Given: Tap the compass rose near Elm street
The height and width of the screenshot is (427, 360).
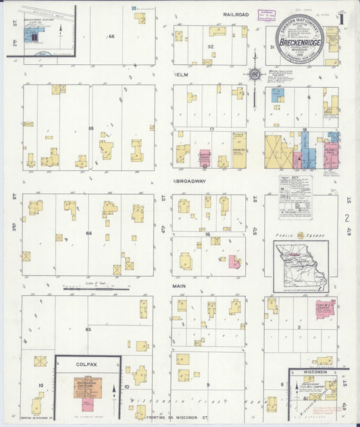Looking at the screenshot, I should [x=254, y=74].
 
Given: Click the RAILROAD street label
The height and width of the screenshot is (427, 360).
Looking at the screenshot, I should [x=236, y=14].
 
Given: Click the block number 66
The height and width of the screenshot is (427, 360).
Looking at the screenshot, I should [x=111, y=36].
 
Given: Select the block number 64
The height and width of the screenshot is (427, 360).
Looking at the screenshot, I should [x=88, y=233].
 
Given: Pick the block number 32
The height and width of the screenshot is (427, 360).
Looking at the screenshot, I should [x=210, y=47].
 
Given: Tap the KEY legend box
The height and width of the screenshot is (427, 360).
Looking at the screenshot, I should [x=295, y=197].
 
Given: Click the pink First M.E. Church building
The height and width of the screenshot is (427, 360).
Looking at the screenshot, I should [x=325, y=309].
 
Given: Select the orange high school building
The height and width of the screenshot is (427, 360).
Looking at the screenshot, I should [x=87, y=388].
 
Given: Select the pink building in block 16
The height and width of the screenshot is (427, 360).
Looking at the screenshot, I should [x=234, y=261].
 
